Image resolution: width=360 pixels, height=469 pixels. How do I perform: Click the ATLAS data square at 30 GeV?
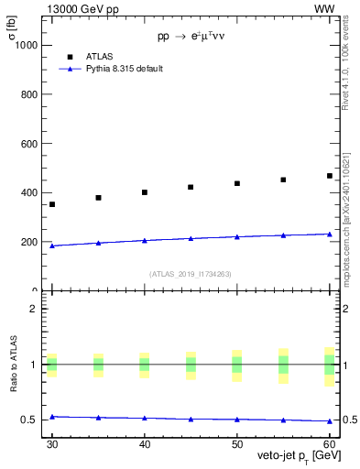click(52, 204)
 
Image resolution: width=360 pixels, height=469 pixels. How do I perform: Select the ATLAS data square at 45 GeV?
click(191, 187)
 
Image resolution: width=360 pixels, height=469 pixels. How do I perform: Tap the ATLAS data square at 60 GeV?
click(330, 176)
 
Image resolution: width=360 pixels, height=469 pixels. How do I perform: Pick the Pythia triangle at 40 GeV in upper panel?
click(145, 240)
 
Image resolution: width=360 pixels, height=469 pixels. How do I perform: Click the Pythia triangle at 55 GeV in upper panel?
click(283, 235)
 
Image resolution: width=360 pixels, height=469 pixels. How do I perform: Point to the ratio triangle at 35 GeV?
click(98, 417)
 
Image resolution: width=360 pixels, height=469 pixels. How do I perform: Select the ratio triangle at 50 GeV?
click(237, 420)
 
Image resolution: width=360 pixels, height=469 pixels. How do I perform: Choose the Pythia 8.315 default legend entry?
click(124, 69)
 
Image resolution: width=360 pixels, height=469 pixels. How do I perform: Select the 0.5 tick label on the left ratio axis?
click(29, 420)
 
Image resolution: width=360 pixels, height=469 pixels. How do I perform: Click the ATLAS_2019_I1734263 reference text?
click(191, 273)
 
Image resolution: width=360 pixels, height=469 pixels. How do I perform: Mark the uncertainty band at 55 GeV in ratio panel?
click(283, 364)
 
